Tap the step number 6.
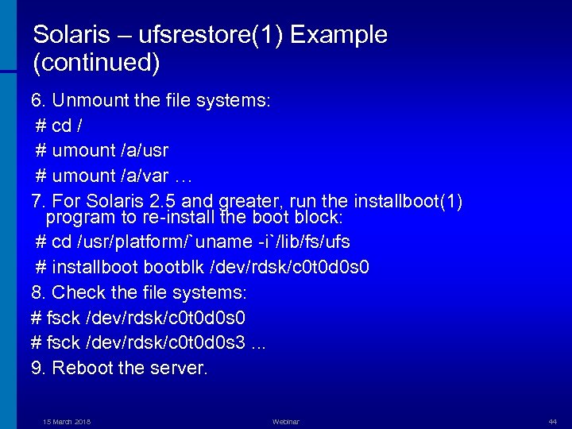click(x=37, y=101)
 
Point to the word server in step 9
click(x=180, y=368)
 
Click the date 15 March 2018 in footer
click(x=67, y=421)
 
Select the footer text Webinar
click(x=286, y=421)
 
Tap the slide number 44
click(x=552, y=421)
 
